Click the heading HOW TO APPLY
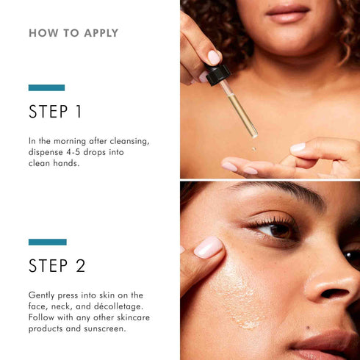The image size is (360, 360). [73, 33]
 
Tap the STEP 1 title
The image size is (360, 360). [55, 112]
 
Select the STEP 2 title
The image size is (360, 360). [57, 266]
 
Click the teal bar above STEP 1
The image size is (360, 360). [46, 87]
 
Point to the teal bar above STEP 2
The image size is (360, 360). [47, 242]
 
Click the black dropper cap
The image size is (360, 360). [217, 74]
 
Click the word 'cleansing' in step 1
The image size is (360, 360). [132, 140]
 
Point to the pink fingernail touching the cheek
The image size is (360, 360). [208, 248]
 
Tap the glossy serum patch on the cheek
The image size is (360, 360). [239, 294]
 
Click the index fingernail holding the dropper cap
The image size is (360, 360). [214, 56]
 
